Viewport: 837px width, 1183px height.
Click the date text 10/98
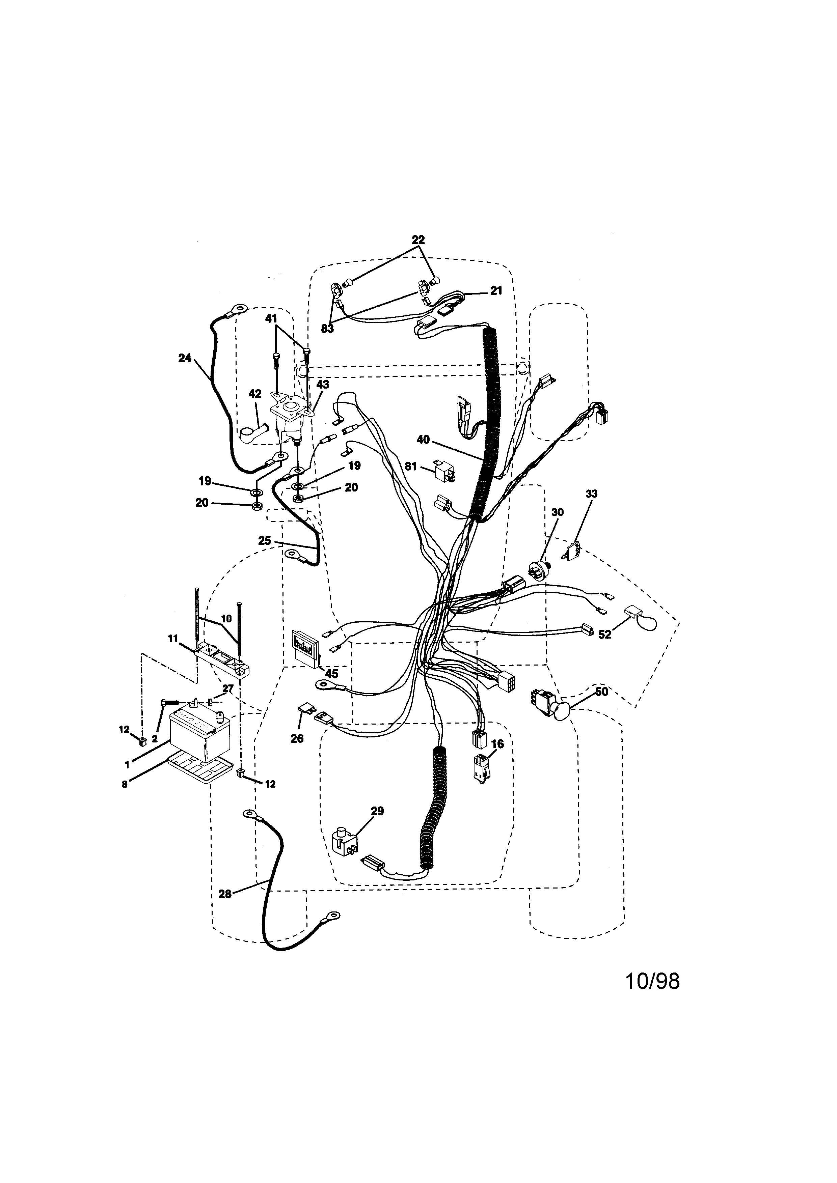pyautogui.click(x=652, y=982)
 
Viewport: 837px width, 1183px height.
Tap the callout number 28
pyautogui.click(x=225, y=895)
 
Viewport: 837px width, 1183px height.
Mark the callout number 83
pyautogui.click(x=327, y=329)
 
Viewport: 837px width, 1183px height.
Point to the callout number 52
pyautogui.click(x=604, y=635)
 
